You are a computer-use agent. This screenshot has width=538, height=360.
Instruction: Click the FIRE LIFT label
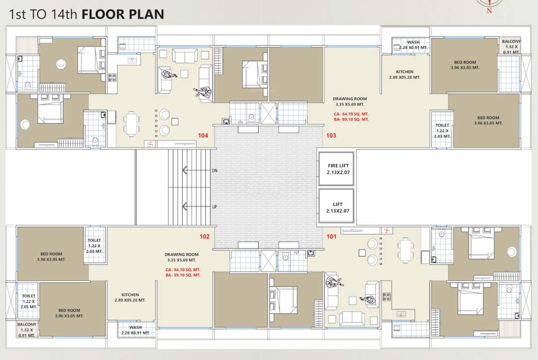click(338, 166)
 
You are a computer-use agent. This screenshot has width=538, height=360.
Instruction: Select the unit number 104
click(203, 135)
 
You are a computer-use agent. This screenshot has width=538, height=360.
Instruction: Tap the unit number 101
click(332, 236)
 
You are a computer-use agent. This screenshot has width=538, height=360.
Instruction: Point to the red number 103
click(331, 135)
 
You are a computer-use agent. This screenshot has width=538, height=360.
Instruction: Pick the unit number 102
click(205, 236)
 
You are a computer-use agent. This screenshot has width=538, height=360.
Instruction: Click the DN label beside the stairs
click(214, 171)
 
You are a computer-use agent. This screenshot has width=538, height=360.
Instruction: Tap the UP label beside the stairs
click(214, 206)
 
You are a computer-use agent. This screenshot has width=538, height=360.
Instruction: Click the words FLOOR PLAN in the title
click(123, 14)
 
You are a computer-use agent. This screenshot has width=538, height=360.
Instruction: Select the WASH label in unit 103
click(413, 42)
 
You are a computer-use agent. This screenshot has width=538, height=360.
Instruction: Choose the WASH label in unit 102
click(136, 327)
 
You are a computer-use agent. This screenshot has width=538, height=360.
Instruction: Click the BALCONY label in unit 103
click(511, 42)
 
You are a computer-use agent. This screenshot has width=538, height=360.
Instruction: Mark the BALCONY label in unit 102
click(27, 324)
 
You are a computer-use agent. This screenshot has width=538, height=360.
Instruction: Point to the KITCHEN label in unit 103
click(404, 72)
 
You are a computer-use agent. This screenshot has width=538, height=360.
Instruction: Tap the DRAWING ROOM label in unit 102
click(182, 255)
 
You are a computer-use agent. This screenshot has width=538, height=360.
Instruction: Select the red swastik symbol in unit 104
click(151, 144)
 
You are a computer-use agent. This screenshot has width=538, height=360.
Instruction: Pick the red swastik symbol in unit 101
click(386, 230)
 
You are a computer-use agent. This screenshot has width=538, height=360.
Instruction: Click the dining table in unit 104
click(132, 123)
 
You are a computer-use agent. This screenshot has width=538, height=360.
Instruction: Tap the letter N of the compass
click(489, 10)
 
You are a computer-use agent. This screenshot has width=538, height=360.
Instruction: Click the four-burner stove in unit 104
click(112, 77)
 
